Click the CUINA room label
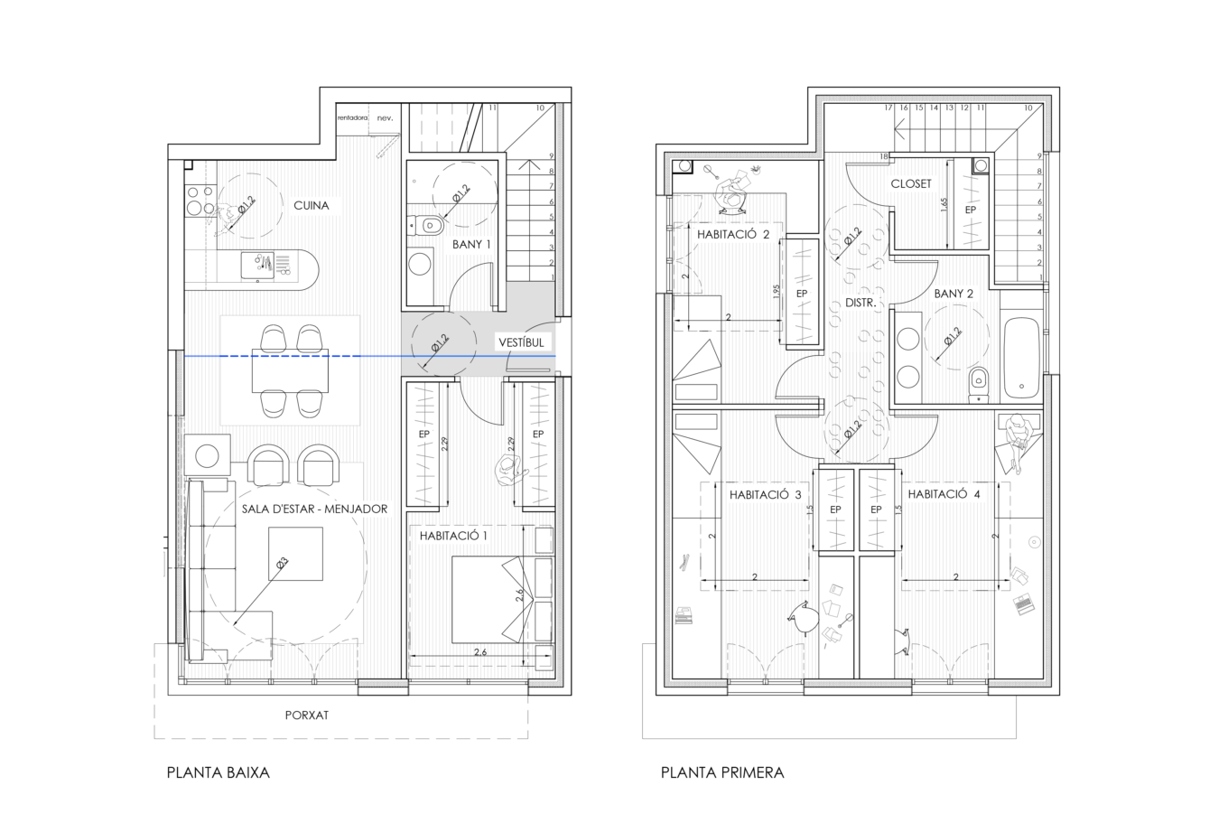311,206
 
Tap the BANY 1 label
471,245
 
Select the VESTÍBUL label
521,343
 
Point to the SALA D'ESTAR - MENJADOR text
314,510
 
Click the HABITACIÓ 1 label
453,536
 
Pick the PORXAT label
306,715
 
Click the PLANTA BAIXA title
219,772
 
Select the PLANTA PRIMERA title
722,772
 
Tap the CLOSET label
910,183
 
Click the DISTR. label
861,303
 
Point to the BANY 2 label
954,295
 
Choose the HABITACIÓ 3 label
765,495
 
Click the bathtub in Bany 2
1021,358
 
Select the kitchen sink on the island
257,266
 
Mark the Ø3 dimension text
282,564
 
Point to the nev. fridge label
385,118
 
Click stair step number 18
883,157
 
